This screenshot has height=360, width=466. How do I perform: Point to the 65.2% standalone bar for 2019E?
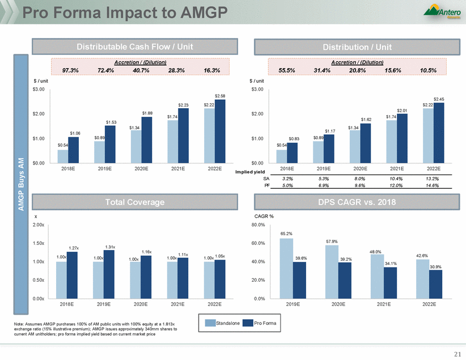pos(286,268)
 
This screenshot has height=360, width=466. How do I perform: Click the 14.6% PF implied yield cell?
pos(432,185)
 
